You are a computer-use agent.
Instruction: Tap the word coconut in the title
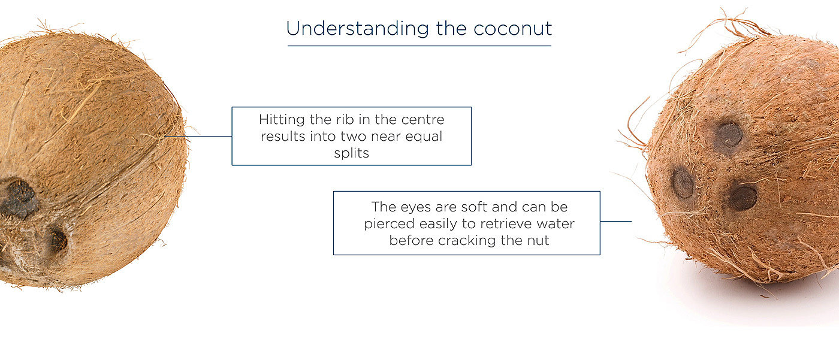pos(513,29)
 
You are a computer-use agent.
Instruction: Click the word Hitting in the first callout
pos(282,120)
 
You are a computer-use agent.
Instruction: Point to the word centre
pos(423,120)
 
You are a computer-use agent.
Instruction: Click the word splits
pos(351,153)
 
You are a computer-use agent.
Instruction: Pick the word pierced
pos(390,224)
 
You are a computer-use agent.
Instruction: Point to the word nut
pos(538,241)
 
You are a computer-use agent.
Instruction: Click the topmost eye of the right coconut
pos(729,135)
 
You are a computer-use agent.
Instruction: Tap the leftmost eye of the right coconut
pos(683,183)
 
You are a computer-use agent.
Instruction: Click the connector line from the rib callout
pos(198,136)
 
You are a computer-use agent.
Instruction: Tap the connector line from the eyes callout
pos(616,221)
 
